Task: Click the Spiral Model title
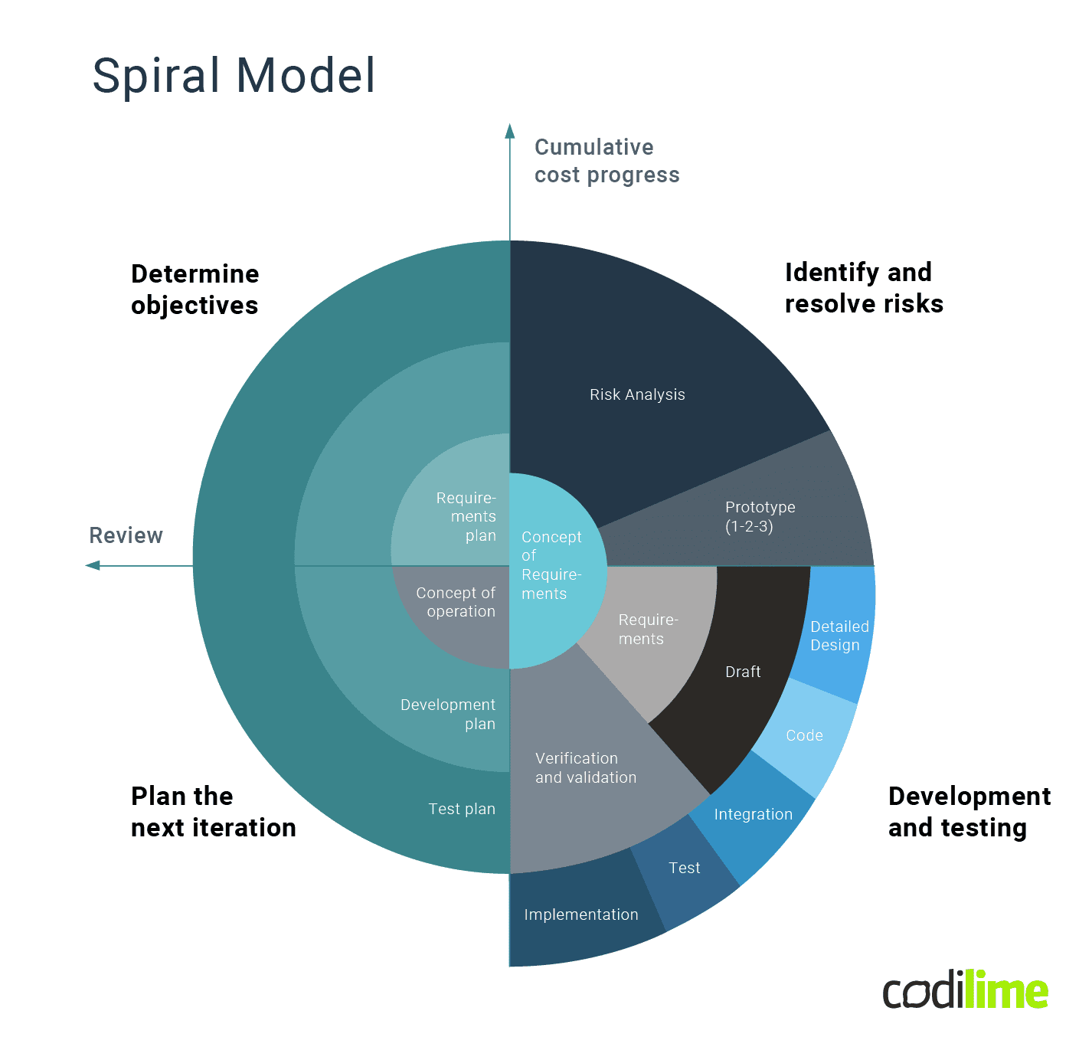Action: tap(234, 76)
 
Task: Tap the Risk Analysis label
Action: tap(637, 394)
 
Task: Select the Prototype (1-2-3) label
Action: tap(760, 517)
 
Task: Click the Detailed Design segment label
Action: tap(839, 636)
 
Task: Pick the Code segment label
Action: tap(804, 735)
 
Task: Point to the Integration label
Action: tap(753, 814)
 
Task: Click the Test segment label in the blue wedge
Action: tap(684, 868)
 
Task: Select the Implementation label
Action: tap(580, 914)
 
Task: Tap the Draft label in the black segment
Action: tap(743, 672)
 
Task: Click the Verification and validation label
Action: tap(585, 767)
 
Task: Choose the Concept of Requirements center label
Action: tap(551, 565)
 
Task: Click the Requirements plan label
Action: tap(466, 517)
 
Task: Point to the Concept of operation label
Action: tap(456, 602)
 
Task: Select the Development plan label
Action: tap(448, 714)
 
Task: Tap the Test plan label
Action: tap(462, 809)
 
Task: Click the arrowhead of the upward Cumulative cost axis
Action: tap(510, 131)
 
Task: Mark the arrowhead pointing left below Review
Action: tap(93, 565)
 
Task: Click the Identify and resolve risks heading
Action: tap(863, 288)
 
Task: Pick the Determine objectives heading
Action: tap(195, 290)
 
